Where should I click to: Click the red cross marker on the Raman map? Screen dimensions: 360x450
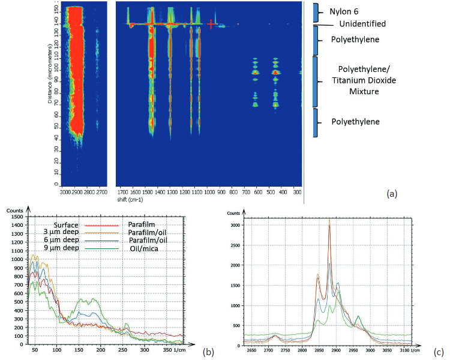211,24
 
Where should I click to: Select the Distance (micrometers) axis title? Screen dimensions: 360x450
52,92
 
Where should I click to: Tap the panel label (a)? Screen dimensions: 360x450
392,193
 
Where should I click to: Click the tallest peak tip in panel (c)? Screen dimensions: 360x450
329,219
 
